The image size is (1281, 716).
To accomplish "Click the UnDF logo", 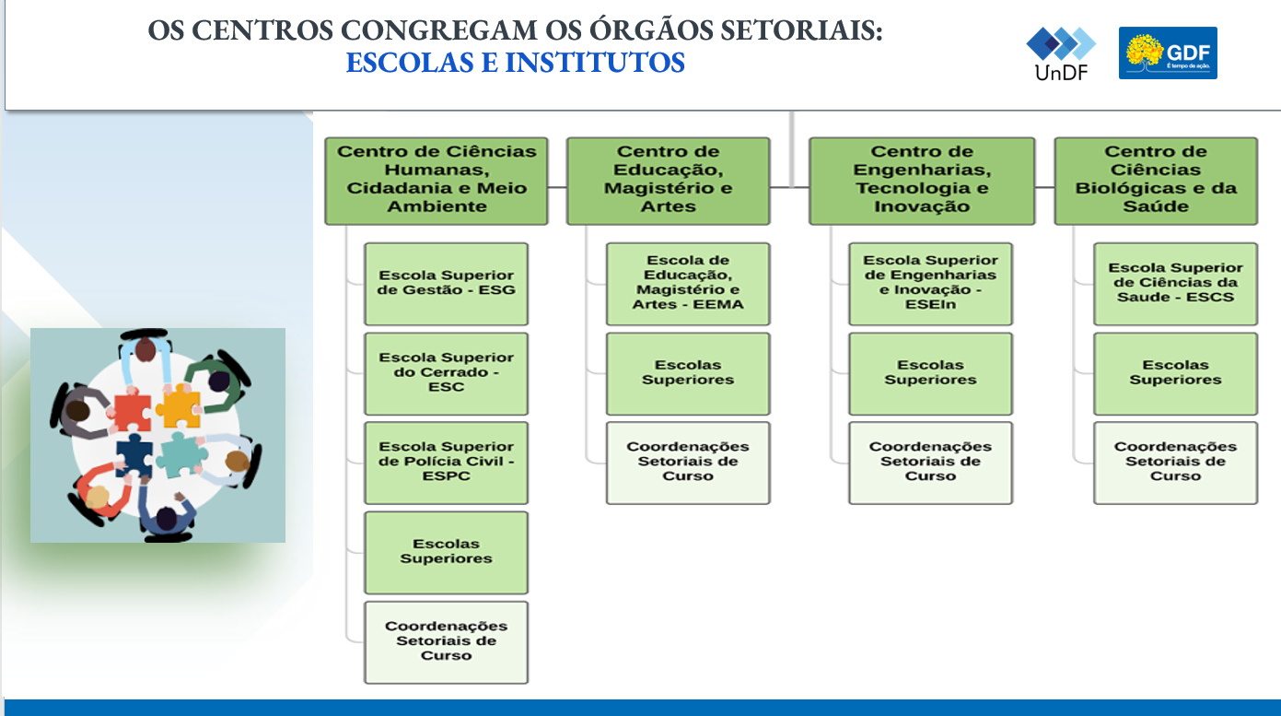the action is point(1061,53).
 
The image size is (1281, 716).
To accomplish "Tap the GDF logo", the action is point(1168,53).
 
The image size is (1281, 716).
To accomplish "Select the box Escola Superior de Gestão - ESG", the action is point(446,284).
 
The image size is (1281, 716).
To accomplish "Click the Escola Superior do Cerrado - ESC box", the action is point(446,373).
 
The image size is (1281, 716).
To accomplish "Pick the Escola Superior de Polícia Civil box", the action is point(446,463).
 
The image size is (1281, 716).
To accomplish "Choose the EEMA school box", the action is point(688,284).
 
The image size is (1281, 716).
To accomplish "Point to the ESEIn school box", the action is point(930,284).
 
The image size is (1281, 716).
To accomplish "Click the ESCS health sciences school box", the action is point(1175,284).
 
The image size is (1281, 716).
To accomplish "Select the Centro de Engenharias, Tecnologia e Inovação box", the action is point(922,181).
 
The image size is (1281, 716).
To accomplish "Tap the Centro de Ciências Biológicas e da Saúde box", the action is point(1156,181).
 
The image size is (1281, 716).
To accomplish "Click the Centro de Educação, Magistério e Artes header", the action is point(668,181).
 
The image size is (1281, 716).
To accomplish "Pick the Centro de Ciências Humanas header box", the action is point(437,181).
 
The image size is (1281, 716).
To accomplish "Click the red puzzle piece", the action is point(132,411).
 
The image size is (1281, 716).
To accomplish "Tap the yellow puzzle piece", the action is point(180,407).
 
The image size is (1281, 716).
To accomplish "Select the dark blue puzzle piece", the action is point(135,455).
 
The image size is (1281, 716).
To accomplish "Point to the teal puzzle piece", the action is point(179,455).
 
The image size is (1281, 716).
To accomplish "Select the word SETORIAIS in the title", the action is point(801,30).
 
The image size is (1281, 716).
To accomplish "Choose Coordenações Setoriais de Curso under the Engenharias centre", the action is point(930,462).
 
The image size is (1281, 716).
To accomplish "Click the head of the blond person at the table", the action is point(98,496).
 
